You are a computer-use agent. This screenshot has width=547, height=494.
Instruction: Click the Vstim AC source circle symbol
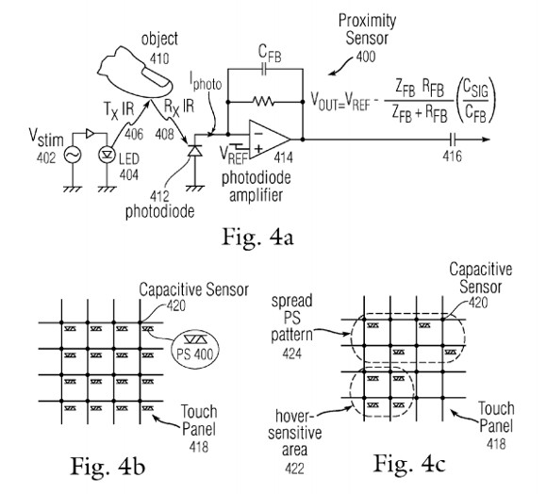point(73,155)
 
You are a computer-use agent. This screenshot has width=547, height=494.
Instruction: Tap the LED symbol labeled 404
point(107,155)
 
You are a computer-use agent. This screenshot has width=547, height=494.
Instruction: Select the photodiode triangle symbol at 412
point(194,151)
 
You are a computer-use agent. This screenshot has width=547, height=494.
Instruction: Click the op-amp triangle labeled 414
point(269,140)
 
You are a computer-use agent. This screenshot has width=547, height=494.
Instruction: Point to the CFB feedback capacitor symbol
point(264,69)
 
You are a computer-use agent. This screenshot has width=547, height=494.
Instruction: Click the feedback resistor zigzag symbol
point(264,102)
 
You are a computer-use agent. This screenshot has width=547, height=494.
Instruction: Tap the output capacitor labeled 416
point(453,140)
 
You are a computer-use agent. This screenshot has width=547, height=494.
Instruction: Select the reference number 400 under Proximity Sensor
point(366,57)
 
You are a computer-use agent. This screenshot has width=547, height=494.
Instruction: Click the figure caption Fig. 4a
point(257,237)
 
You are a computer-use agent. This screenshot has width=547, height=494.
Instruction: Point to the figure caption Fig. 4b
point(108,466)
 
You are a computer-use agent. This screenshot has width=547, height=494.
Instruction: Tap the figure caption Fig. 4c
point(409,464)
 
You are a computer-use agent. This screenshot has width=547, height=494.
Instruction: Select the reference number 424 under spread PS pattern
point(292,354)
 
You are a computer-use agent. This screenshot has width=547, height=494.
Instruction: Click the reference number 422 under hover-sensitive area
point(294,469)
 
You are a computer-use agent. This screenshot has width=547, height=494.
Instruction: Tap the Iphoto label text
point(206,82)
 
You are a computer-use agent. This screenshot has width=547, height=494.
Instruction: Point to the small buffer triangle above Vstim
point(90,133)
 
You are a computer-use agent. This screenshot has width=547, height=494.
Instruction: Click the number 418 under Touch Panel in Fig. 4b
point(198,447)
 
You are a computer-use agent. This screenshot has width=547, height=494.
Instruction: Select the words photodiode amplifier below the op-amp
point(257,187)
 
